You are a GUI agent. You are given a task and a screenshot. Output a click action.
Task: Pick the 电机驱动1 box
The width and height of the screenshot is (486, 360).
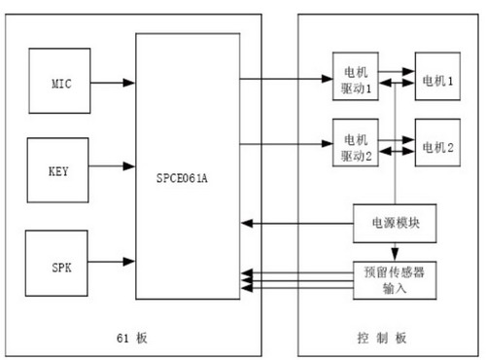[356, 78]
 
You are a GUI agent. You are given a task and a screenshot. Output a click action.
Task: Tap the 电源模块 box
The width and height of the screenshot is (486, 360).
[393, 223]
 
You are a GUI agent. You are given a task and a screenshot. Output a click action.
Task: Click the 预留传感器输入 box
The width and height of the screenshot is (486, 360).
[393, 279]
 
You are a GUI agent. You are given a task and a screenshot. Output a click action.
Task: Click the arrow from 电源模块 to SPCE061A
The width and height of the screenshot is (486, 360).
[295, 224]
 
